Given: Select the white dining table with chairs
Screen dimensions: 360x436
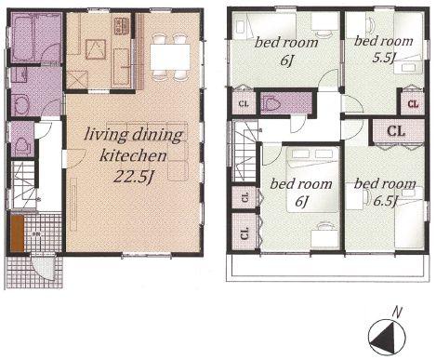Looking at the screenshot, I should [169, 55].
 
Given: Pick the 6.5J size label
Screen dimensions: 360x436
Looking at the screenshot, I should [385, 200].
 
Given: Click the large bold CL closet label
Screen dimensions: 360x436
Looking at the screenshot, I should [394, 130].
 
